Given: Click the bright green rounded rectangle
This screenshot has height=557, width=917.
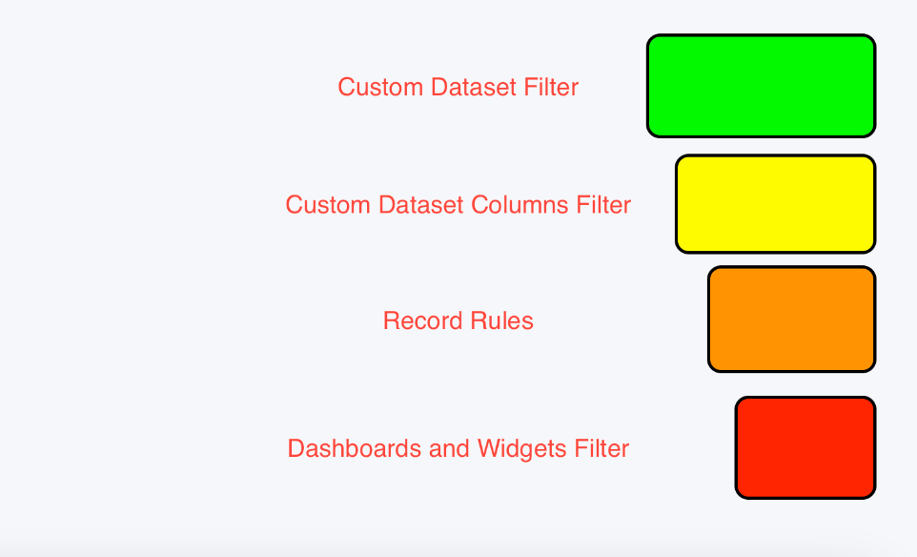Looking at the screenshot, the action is [761, 86].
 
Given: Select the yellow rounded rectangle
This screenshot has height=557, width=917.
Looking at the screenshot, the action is [776, 204].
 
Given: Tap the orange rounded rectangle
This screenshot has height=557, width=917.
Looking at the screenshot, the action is [792, 319].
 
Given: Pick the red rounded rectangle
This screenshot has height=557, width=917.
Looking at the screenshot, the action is [805, 447].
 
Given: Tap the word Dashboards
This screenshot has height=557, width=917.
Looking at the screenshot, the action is [355, 449].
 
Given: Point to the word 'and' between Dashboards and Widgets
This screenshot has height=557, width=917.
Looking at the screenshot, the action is [449, 449].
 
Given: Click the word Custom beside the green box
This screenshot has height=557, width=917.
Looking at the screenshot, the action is [380, 87].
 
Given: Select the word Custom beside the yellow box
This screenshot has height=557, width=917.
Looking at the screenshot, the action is [328, 205].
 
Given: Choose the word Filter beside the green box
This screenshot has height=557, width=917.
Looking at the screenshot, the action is [551, 87].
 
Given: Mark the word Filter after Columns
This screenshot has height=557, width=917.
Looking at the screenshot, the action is [603, 205].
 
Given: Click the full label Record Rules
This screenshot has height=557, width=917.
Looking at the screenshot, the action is [458, 320].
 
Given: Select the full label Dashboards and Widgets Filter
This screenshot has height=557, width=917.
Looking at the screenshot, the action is [458, 449].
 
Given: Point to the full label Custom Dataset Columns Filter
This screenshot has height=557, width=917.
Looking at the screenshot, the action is [458, 205].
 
